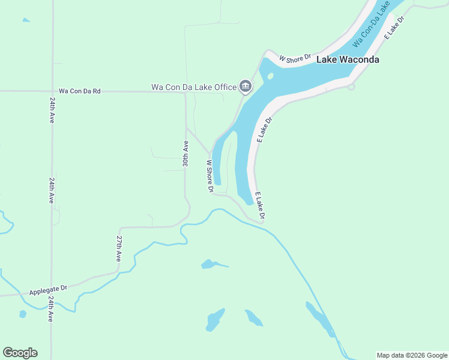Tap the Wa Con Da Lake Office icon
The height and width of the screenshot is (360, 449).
245,87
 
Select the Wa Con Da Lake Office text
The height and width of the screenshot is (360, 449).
193,87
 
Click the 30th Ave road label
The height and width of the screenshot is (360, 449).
186,153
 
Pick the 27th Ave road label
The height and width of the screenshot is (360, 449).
119,248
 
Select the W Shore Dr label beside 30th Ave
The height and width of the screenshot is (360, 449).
210,176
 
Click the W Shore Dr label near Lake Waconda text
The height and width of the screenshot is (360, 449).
296,58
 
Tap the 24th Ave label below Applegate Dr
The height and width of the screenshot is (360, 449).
51,309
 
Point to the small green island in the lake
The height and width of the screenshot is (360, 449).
270,76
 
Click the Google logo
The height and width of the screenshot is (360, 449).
20,353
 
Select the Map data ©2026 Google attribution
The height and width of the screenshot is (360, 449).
412,355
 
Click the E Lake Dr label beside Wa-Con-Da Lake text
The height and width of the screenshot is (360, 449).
394,27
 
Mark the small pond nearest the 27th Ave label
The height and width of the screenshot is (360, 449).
209,264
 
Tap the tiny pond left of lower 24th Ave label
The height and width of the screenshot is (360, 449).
23,314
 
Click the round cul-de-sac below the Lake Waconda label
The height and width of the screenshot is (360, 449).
351,86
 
